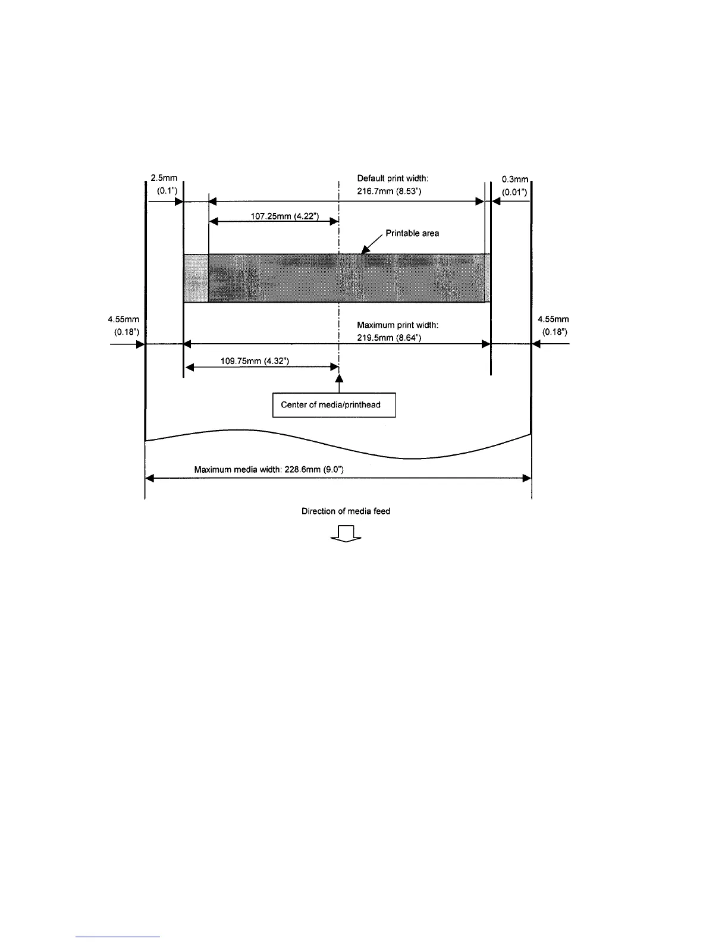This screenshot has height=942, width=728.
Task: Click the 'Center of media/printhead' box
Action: (x=334, y=405)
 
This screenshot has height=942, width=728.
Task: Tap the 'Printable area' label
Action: (x=412, y=233)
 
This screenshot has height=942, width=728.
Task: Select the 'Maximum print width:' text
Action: (x=397, y=325)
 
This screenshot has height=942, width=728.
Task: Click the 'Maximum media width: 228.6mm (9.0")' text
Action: (x=269, y=470)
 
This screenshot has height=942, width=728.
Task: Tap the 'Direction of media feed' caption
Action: (x=346, y=511)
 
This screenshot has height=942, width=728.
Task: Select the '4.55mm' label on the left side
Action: (x=124, y=320)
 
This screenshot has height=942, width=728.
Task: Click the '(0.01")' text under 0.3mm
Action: (x=514, y=192)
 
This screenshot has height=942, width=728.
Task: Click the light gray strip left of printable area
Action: (x=196, y=278)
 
